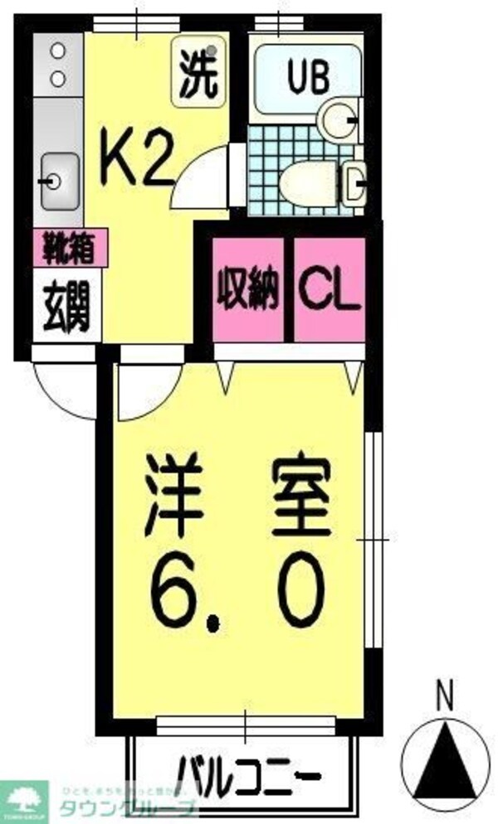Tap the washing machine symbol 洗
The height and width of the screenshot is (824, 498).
(x=198, y=74)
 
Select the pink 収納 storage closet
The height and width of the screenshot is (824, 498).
(x=248, y=288)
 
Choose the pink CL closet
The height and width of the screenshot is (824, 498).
(x=330, y=288)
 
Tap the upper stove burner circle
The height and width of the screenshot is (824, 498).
(x=57, y=51)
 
